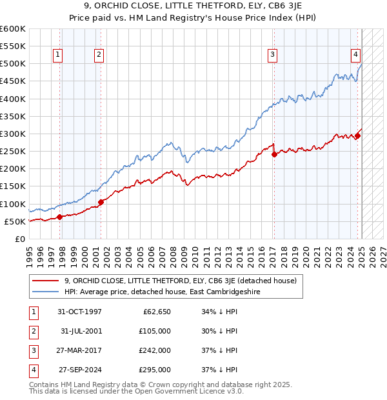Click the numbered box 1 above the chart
pyautogui.click(x=58, y=55)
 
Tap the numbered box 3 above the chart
pyautogui.click(x=273, y=55)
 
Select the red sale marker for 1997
pyautogui.click(x=60, y=217)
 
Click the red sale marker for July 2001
pyautogui.click(x=101, y=202)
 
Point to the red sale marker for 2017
pyautogui.click(x=274, y=154)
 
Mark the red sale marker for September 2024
pyautogui.click(x=357, y=135)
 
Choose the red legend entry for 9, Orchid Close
pyautogui.click(x=180, y=281)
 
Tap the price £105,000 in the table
pyautogui.click(x=155, y=331)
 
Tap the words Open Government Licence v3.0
pyautogui.click(x=193, y=391)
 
